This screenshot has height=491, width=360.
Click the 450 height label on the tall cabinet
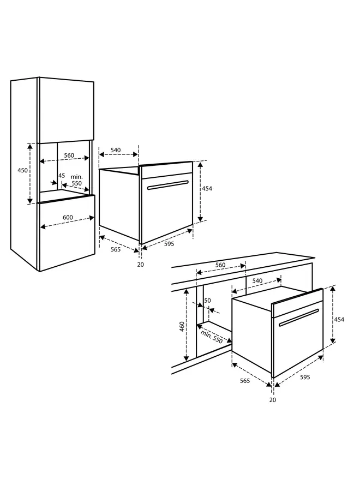(22, 170)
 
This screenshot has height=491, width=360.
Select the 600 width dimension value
(68, 218)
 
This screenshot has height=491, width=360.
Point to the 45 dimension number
(62, 176)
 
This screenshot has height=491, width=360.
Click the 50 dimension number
(207, 301)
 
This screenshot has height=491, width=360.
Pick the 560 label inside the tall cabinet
(69, 155)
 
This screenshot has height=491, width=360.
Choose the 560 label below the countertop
(220, 265)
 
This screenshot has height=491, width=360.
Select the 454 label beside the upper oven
(207, 189)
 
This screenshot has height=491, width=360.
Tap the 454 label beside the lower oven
(339, 320)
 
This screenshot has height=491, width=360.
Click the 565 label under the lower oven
(244, 380)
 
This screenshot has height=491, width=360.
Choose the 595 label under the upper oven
(169, 244)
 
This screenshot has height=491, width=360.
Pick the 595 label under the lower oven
(304, 376)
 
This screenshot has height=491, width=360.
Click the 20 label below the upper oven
(141, 265)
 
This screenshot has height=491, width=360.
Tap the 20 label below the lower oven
(273, 400)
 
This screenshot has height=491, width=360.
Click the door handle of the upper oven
(168, 185)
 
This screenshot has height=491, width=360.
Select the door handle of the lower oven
(298, 318)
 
